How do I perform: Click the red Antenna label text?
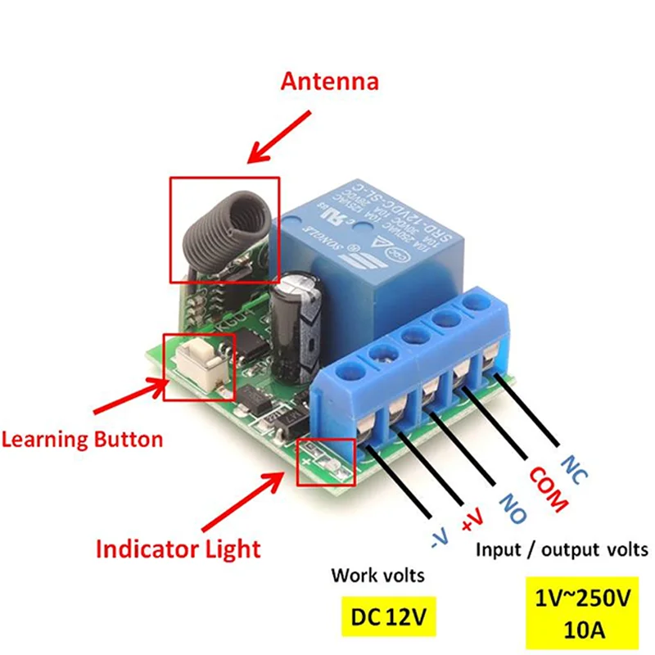click(330, 82)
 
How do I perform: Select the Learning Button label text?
click(82, 439)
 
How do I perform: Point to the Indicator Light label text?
click(178, 548)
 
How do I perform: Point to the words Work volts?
click(377, 576)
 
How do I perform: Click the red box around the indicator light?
click(327, 463)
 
